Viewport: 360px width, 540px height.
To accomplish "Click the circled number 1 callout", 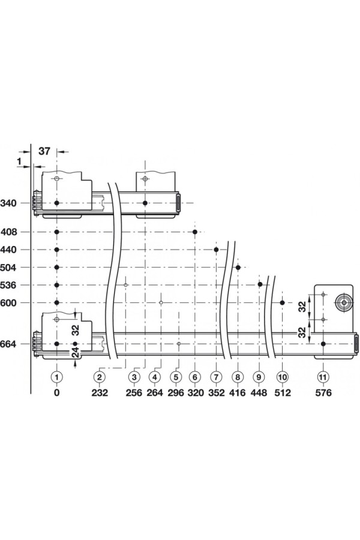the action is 57,377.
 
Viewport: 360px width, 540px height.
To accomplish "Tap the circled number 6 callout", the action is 195,377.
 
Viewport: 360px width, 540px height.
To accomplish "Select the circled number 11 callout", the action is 323,377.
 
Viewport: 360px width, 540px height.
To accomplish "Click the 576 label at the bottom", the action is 323,392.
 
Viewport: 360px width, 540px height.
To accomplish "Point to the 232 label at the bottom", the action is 100,392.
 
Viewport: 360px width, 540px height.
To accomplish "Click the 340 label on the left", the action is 8,203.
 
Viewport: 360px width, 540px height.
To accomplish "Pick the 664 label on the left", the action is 8,344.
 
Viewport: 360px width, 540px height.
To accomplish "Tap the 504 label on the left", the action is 8,268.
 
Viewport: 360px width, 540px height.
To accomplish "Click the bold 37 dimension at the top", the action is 44,151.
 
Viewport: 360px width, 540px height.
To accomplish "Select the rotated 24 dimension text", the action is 76,352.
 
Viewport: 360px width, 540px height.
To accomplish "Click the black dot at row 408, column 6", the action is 195,232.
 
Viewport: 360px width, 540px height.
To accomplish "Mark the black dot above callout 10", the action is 283,303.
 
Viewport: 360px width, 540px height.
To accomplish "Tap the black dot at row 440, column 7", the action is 217,250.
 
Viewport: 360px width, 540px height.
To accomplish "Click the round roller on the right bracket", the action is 343,303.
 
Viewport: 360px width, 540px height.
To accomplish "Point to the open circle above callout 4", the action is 161,303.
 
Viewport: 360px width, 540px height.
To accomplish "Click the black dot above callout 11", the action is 323,344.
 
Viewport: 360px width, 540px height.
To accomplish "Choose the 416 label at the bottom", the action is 238,392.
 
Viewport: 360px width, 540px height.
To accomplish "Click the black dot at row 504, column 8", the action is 238,267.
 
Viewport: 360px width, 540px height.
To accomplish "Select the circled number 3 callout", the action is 134,377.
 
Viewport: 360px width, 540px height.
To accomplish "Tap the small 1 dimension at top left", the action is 19,161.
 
